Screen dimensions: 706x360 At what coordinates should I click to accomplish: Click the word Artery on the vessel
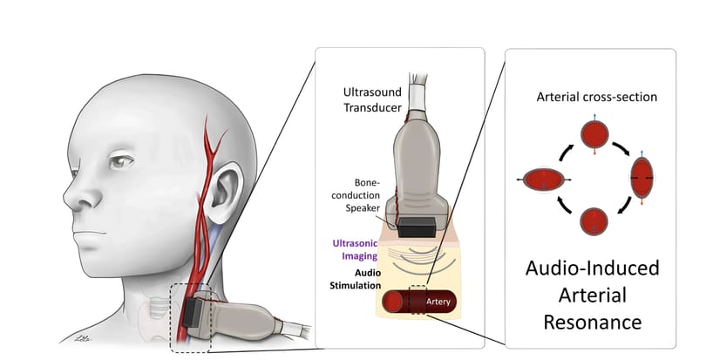(x=438, y=302)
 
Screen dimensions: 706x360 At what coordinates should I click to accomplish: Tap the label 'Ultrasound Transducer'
(x=372, y=99)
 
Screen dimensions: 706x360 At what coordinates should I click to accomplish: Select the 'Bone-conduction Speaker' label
(x=363, y=195)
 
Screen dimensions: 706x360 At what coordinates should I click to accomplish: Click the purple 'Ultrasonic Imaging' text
(x=355, y=249)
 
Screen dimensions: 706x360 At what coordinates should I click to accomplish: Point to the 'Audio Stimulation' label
(x=356, y=279)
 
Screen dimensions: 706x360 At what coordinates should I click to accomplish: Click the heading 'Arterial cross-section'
(x=596, y=97)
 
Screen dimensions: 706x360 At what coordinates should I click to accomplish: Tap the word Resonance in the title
(x=593, y=323)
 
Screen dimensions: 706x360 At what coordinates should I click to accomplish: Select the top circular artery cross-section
(x=594, y=134)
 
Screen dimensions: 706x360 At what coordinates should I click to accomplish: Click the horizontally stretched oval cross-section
(x=544, y=180)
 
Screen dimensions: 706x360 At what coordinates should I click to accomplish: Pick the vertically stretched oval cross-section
(x=642, y=178)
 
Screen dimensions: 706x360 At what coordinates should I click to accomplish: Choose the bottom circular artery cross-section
(x=594, y=221)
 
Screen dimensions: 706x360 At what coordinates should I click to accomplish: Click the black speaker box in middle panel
(x=417, y=228)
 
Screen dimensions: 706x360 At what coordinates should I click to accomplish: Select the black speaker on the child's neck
(x=192, y=312)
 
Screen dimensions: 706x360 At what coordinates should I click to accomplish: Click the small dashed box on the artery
(x=418, y=300)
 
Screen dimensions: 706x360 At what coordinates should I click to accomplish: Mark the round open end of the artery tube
(x=392, y=302)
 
